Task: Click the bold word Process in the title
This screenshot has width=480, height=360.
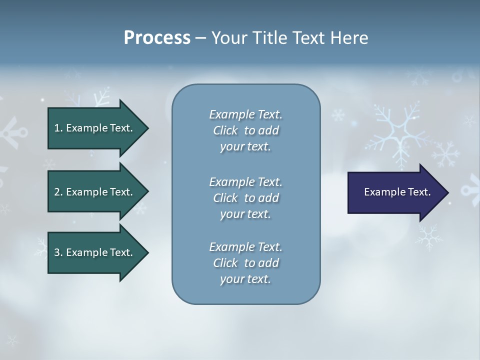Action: tap(157, 38)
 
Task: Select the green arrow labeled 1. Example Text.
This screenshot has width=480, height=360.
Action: tap(95, 128)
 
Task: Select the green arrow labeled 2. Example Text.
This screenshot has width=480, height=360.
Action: tap(95, 192)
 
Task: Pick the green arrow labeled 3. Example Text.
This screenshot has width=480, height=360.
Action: tap(95, 252)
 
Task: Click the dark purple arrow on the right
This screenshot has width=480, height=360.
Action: tap(395, 192)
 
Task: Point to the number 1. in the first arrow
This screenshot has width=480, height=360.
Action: tap(58, 128)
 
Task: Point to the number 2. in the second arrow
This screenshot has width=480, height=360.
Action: tap(58, 192)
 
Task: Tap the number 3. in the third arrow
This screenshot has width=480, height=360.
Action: tap(58, 252)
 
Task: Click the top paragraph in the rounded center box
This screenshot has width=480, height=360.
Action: tap(245, 130)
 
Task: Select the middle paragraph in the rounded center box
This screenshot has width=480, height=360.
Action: tap(245, 197)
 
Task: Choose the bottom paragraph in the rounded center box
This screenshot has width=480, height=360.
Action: tap(245, 263)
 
